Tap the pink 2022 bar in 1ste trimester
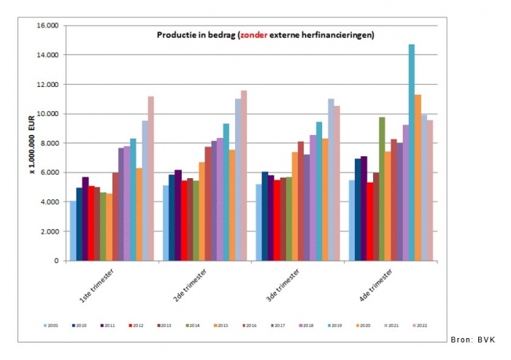(151, 178)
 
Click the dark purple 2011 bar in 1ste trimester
(85, 218)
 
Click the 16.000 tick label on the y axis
(46, 26)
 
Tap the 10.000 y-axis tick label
(46, 114)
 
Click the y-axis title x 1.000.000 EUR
(32, 142)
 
